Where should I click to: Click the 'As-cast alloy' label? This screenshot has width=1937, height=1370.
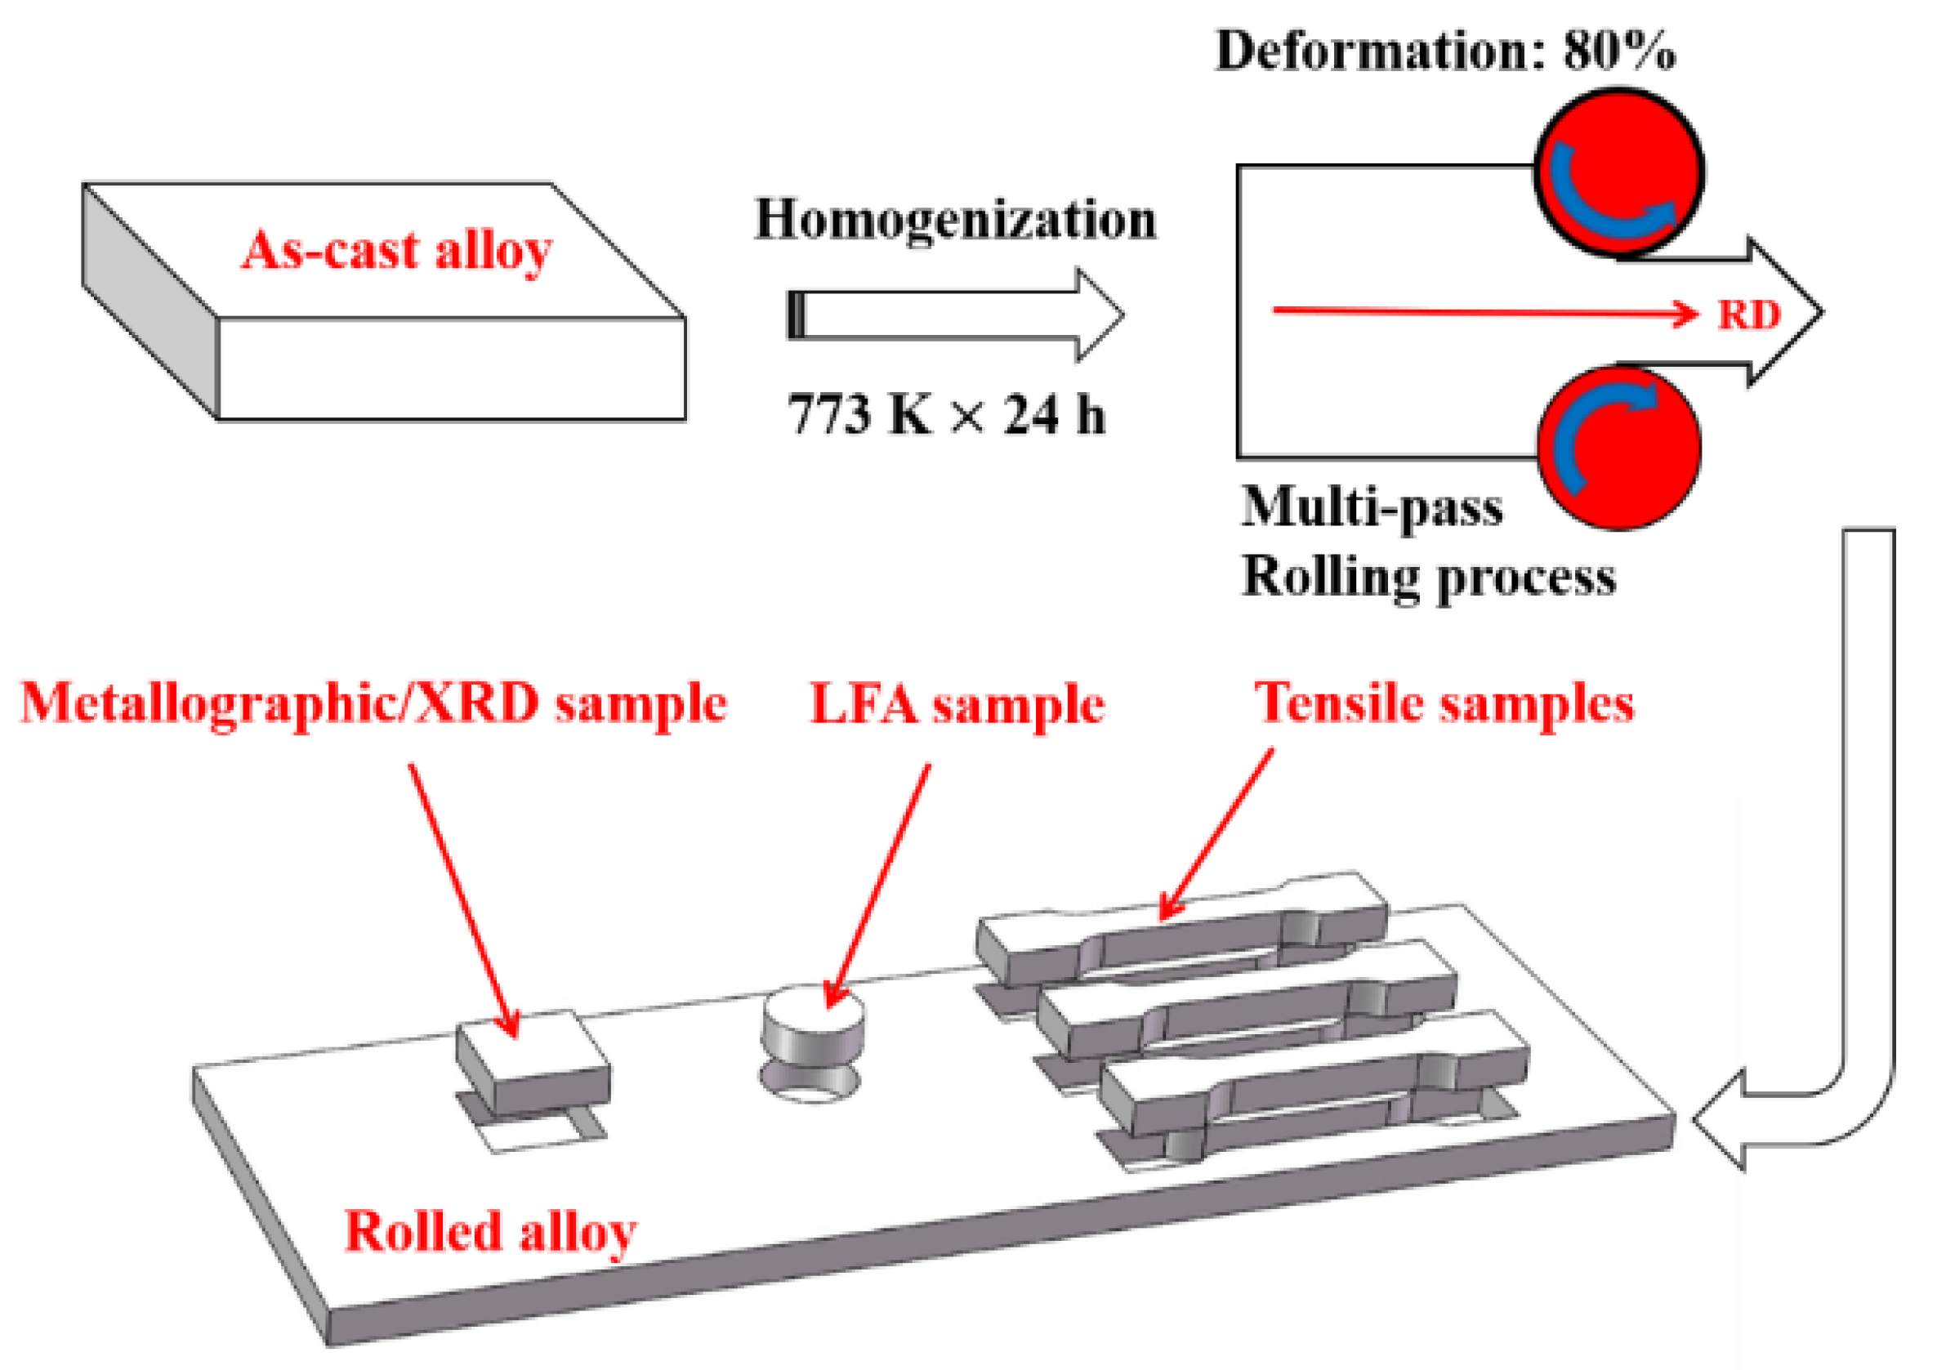[x=396, y=251]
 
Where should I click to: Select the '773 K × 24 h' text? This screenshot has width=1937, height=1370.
[x=947, y=415]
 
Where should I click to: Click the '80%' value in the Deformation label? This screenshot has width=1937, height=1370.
[x=1618, y=51]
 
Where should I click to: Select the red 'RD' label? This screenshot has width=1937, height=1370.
[x=1749, y=315]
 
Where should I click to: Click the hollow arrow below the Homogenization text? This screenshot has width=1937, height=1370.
[x=953, y=315]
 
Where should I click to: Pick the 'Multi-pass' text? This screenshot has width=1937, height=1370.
[x=1372, y=508]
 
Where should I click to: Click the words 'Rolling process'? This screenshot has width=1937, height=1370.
[x=1429, y=578]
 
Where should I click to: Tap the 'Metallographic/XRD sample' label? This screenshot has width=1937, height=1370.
[x=373, y=703]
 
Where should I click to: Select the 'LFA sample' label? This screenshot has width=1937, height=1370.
[x=957, y=704]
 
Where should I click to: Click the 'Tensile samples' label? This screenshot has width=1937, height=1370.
[x=1444, y=703]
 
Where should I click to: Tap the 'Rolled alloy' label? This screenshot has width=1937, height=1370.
[x=491, y=1232]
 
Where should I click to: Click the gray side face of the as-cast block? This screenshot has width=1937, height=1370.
[x=150, y=300]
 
